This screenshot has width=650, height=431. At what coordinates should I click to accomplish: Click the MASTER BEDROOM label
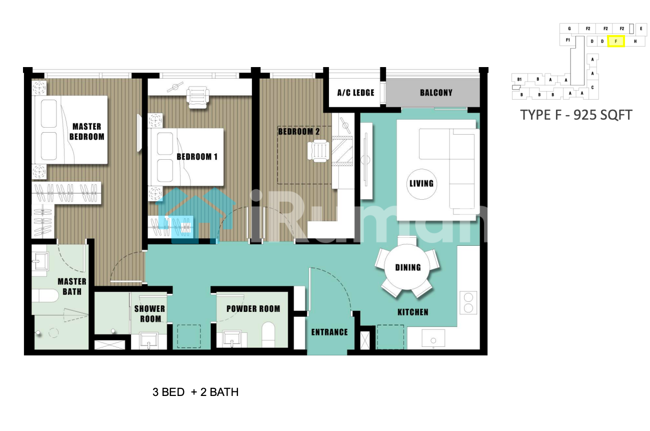click(87, 132)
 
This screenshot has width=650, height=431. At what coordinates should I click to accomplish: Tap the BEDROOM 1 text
click(197, 157)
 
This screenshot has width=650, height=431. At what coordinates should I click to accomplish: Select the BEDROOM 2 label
click(299, 132)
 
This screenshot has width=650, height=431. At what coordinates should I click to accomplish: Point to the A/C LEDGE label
click(356, 93)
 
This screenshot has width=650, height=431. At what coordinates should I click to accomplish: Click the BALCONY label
click(436, 93)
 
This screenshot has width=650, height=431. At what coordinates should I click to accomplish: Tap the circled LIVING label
click(421, 184)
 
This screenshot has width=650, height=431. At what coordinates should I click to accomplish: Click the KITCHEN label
click(413, 312)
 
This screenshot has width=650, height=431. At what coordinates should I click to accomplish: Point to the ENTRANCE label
click(329, 332)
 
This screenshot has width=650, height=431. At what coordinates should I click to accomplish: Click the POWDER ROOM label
click(253, 309)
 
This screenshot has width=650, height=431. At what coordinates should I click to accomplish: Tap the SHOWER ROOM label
click(149, 314)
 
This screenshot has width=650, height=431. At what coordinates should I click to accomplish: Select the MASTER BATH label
click(72, 286)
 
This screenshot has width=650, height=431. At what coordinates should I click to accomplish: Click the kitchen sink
click(433, 338)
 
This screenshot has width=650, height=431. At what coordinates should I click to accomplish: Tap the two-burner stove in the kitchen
click(468, 303)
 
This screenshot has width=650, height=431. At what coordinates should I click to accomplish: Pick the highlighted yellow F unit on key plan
click(616, 41)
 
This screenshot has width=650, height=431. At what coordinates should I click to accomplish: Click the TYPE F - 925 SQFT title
click(576, 115)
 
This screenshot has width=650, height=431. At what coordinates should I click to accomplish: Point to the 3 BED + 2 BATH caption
click(195, 392)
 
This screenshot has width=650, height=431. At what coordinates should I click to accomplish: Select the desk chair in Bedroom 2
click(318, 151)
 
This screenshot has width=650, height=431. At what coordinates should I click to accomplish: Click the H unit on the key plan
click(635, 41)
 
